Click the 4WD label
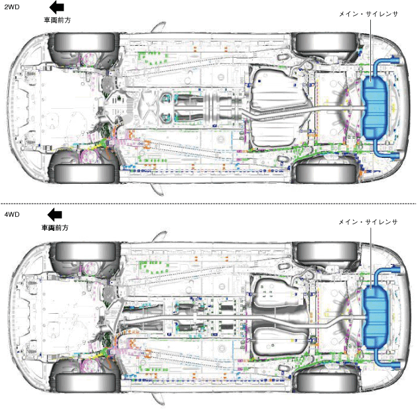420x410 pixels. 12,215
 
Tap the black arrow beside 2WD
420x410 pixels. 57,7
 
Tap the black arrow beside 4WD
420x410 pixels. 56,215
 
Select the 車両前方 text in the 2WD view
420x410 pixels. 57,20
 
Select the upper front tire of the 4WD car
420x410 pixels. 83,252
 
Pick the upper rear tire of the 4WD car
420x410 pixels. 324,252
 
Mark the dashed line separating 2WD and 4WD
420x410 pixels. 210,203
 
